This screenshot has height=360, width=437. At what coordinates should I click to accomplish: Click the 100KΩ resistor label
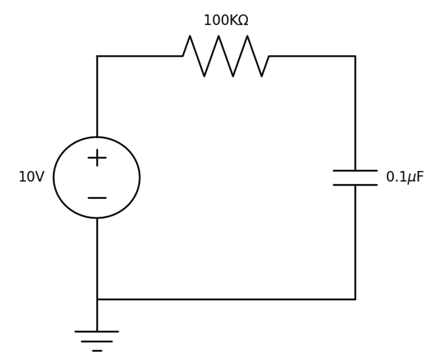[226, 21]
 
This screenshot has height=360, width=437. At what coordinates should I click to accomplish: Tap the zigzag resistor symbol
[226, 56]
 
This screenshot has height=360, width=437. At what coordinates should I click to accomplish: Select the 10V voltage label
[31, 177]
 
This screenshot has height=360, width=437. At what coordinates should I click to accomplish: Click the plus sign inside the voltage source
[97, 158]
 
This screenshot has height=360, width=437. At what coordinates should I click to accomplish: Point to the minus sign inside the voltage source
[97, 198]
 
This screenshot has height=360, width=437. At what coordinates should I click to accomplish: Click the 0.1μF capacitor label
[404, 177]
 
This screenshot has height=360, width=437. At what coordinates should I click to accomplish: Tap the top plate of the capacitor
[355, 171]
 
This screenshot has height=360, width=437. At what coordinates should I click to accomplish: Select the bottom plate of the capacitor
[355, 185]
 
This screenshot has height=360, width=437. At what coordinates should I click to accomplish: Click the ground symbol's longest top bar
[97, 332]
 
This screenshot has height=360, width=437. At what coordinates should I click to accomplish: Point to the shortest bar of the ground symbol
[97, 350]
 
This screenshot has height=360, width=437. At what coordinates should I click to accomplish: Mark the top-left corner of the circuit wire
[97, 56]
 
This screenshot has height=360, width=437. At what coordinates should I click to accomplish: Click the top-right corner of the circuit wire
[355, 56]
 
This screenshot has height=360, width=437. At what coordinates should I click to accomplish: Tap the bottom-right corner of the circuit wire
[355, 299]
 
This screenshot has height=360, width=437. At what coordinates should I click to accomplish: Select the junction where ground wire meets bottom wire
[97, 299]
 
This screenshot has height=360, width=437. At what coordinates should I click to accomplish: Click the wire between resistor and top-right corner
[312, 56]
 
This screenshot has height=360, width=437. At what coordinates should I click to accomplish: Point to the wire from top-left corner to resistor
[140, 56]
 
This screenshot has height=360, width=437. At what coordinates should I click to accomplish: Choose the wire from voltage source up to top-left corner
[97, 96]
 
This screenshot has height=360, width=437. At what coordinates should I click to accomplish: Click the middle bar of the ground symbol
[97, 341]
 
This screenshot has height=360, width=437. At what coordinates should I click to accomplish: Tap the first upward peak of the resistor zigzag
[190, 37]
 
